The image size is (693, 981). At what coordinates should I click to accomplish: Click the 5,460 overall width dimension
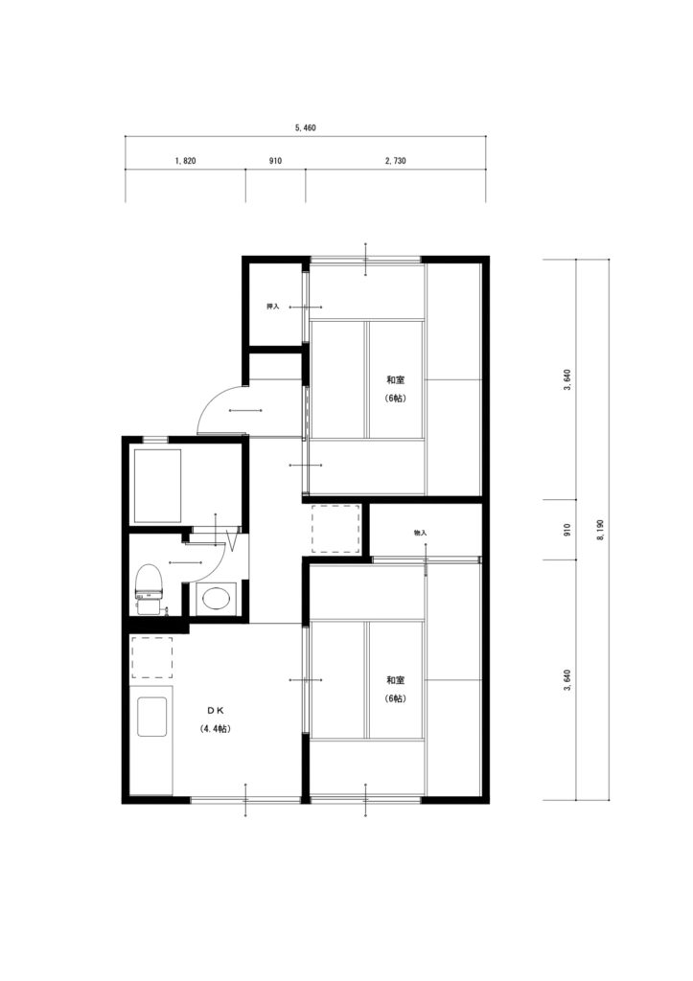coord(306,127)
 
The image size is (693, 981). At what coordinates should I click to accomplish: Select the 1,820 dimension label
coord(185,161)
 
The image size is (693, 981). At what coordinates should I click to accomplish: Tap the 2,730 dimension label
coord(396,161)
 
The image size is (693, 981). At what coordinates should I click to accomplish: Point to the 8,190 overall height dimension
coord(600,529)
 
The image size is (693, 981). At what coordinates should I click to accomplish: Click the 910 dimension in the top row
coord(275,161)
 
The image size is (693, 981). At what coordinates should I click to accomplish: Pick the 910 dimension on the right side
coord(567,529)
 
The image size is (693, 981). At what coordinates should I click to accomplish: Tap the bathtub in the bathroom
coord(156,486)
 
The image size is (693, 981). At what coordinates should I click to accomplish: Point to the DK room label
coord(216,710)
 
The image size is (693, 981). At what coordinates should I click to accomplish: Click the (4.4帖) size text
coord(216,729)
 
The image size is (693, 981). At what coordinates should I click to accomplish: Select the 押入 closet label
coord(272,307)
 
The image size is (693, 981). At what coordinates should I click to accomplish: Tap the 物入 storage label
coord(420,533)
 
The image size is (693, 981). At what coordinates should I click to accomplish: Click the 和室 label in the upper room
coord(395,379)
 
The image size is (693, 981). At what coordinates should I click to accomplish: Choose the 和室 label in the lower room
coord(395,680)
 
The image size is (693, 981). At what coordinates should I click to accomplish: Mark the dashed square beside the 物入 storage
coord(336,528)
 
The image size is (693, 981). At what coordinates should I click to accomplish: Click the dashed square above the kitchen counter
coord(152,658)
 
